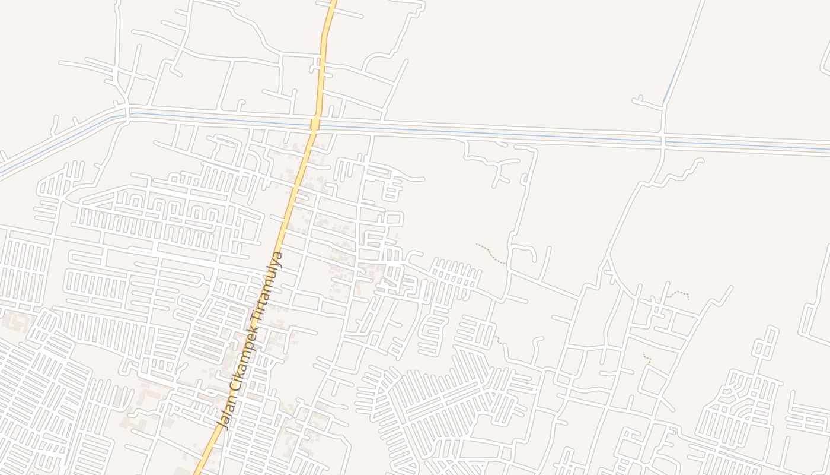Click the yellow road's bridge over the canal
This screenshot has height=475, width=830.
tap(315, 123)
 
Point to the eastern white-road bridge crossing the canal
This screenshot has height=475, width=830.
tap(663, 141)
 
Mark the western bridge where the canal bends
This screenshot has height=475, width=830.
tap(127, 112)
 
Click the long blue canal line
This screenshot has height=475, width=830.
tap(474, 131)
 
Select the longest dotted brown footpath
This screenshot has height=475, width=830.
tap(491, 254)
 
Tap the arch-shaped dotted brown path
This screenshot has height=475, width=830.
tap(678, 293)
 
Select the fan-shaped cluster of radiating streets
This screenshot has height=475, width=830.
tap(439, 404)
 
